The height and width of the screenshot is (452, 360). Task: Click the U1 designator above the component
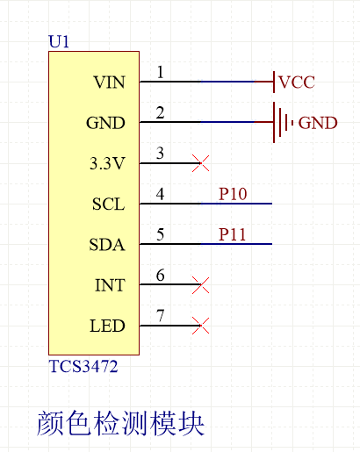(x=58, y=41)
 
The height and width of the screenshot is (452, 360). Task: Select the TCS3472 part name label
(x=83, y=367)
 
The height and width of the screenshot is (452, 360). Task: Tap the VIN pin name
(x=109, y=83)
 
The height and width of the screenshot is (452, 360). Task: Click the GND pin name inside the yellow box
(x=105, y=124)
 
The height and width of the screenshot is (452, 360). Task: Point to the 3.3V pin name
(x=107, y=164)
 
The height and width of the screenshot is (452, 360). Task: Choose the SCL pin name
(x=108, y=204)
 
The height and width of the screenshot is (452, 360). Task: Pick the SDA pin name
(x=107, y=245)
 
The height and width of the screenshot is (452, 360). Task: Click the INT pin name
(x=110, y=285)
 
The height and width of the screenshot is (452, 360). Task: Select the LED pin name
(x=107, y=326)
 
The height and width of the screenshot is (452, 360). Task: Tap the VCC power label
(x=296, y=83)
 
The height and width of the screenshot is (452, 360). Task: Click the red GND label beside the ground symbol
(x=317, y=123)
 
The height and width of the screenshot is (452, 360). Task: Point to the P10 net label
(x=234, y=194)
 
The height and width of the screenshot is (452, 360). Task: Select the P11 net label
(x=234, y=234)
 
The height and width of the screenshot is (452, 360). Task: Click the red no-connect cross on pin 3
(x=201, y=163)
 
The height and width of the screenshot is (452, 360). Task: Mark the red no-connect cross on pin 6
(x=201, y=284)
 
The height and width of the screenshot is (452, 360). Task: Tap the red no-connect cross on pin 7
(x=201, y=325)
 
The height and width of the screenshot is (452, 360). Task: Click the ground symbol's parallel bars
(x=281, y=123)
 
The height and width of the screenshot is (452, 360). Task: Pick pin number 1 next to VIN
(x=160, y=72)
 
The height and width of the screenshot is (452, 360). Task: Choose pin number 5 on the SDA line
(x=160, y=233)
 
